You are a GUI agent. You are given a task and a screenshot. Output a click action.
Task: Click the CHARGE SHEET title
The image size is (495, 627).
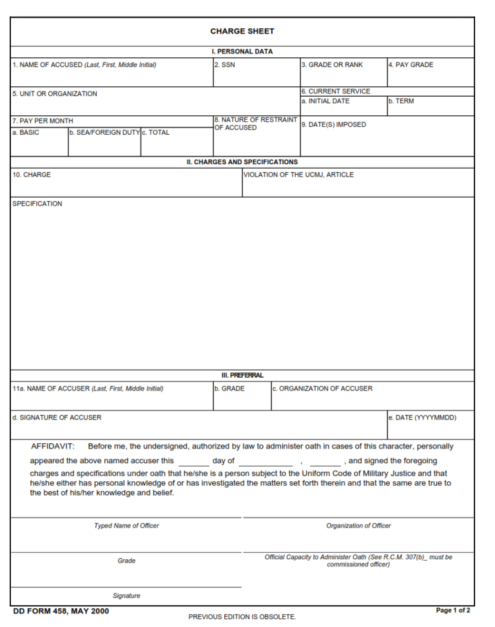(x=242, y=31)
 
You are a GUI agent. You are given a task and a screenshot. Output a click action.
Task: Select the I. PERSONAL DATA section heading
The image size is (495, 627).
(x=242, y=52)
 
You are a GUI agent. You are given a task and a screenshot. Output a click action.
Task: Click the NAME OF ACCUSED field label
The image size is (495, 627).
(x=84, y=65)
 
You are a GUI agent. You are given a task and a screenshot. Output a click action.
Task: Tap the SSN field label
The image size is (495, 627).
(x=224, y=65)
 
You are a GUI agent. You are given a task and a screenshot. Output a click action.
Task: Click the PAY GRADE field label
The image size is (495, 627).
(x=411, y=65)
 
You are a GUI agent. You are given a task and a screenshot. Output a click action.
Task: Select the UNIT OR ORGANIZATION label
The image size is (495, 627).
(x=55, y=94)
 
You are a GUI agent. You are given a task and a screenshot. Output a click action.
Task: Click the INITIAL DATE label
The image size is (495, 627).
(x=325, y=101)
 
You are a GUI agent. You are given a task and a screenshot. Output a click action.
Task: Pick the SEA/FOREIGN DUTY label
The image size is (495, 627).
(x=104, y=133)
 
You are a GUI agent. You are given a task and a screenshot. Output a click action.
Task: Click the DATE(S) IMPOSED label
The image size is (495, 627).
(x=333, y=125)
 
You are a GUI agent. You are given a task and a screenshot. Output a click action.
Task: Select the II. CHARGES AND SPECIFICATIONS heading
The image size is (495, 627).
(x=242, y=162)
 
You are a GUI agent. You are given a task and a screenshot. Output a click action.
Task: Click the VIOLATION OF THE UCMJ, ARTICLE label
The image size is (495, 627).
(x=298, y=175)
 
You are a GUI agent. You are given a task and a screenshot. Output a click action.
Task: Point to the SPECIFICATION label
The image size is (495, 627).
(x=37, y=204)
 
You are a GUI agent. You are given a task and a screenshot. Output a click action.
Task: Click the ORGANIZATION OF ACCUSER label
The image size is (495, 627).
(x=322, y=389)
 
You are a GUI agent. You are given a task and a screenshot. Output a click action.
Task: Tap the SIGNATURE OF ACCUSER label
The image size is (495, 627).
(x=57, y=418)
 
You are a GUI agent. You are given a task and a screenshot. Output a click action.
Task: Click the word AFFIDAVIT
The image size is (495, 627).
(x=53, y=446)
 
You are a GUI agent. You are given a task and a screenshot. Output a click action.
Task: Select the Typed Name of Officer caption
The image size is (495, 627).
(x=126, y=526)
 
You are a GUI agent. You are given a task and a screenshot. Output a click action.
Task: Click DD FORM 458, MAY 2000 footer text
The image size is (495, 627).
(x=61, y=611)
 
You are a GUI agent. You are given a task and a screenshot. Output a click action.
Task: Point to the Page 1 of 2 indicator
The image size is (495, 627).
(x=453, y=610)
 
